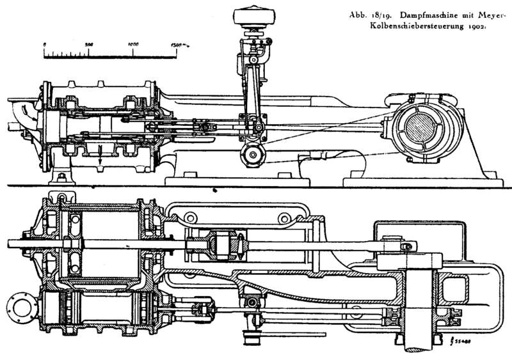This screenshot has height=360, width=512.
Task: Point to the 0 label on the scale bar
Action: coord(44,44)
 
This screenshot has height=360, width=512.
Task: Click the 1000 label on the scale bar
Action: coord(134,44)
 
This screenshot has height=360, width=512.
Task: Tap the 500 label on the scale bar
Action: coord(89,44)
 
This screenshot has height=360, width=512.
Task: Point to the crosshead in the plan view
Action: coord(218,246)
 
